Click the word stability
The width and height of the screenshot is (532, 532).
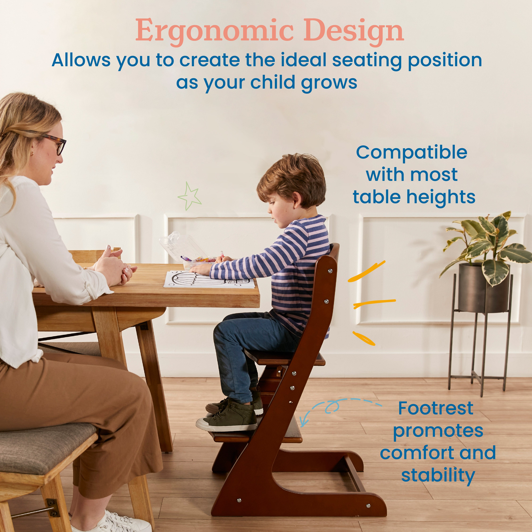438,476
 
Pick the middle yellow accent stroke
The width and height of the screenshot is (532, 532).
375,303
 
